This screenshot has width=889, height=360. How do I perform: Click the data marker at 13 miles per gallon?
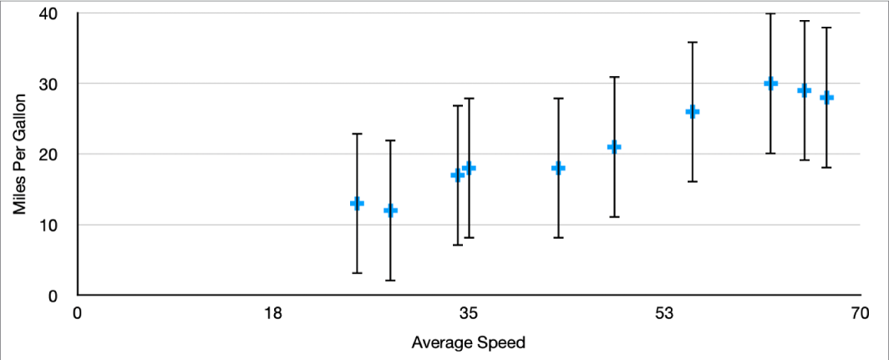click(357, 203)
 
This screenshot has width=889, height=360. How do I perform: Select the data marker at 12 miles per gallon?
click(390, 210)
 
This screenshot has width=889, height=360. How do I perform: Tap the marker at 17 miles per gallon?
click(457, 175)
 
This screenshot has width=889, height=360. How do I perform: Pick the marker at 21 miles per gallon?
click(614, 147)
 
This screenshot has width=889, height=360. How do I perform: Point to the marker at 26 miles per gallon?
click(693, 111)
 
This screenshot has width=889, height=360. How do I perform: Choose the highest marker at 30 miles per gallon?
click(770, 83)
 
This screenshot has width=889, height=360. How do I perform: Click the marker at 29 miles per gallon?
click(804, 90)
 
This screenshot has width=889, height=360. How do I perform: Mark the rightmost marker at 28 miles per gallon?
click(827, 97)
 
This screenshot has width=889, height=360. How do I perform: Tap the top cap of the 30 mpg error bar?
click(770, 14)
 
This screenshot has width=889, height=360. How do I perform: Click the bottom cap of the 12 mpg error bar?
click(390, 280)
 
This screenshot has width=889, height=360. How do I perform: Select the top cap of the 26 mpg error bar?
click(693, 42)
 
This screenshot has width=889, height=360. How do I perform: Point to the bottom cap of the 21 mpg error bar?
click(614, 216)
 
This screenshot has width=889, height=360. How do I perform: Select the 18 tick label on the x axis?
click(272, 315)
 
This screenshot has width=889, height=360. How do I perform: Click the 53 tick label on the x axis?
click(664, 315)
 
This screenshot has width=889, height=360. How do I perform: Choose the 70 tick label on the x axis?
click(860, 315)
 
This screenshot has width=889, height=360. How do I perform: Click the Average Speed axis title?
click(468, 342)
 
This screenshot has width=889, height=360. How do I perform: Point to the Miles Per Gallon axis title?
click(20, 155)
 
